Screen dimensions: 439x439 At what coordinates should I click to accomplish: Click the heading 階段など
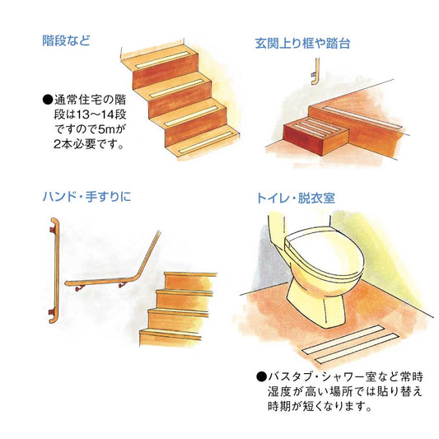point(67,40)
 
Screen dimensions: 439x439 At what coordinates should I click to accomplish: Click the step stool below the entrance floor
point(312,133)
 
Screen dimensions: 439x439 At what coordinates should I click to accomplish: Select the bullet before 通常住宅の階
point(47,100)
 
